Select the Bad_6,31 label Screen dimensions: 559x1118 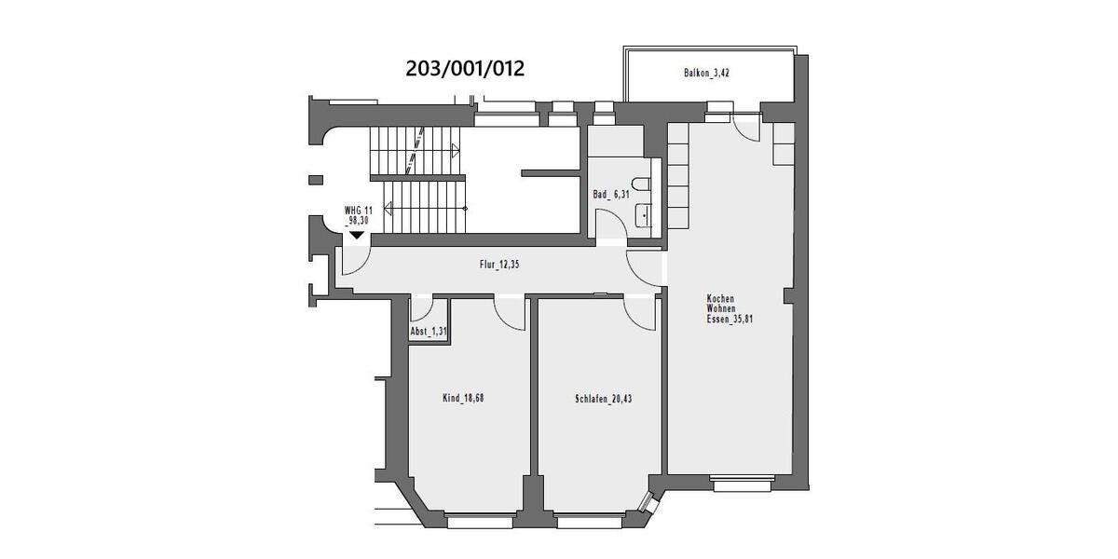(610, 195)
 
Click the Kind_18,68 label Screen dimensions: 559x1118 (462, 398)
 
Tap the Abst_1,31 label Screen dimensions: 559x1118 (428, 333)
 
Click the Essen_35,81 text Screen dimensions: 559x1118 (729, 318)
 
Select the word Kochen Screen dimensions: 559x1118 (721, 298)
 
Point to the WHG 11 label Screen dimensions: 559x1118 (358, 211)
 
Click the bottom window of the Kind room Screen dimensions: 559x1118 (480, 521)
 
